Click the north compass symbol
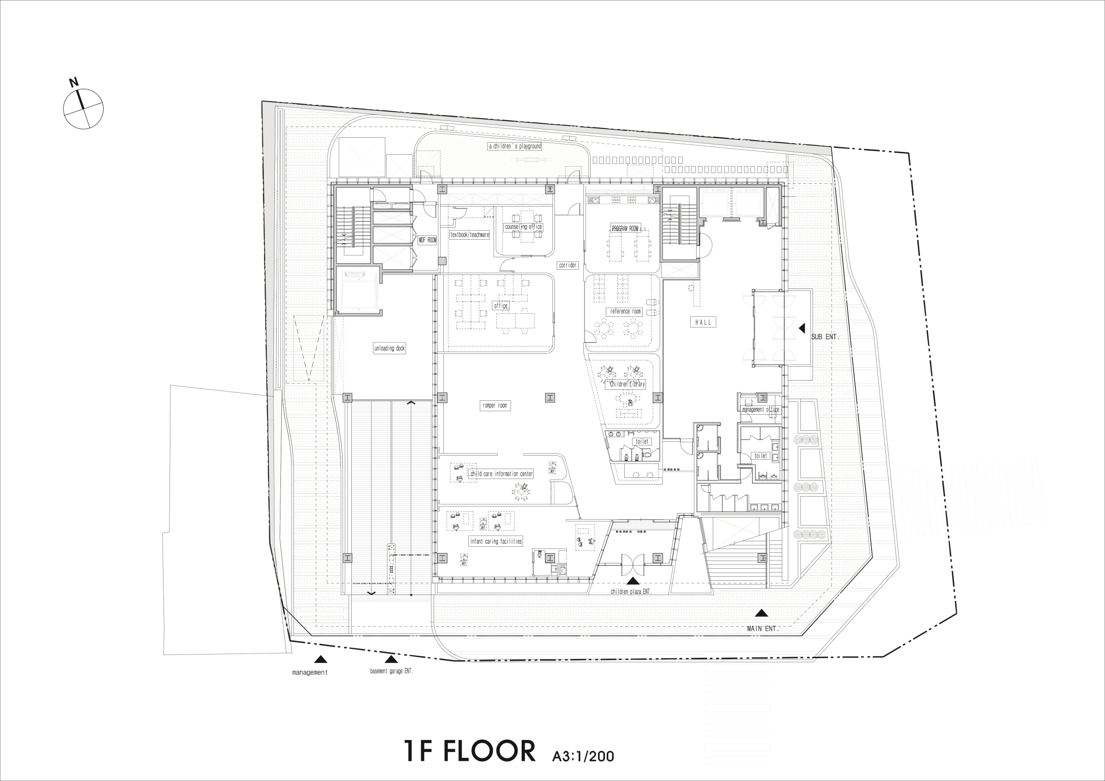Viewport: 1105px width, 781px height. click(83, 108)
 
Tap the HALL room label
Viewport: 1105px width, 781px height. click(703, 323)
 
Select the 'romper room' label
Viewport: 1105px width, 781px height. click(495, 405)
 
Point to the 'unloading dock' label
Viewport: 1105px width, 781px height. click(390, 348)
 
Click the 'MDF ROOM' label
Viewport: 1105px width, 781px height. click(427, 240)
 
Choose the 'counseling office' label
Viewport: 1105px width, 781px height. click(523, 226)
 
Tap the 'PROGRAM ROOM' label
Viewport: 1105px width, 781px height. click(625, 229)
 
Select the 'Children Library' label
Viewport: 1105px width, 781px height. click(627, 384)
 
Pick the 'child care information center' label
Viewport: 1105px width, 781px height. click(501, 474)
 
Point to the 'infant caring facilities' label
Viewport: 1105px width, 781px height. click(496, 541)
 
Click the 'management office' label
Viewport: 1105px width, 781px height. click(761, 410)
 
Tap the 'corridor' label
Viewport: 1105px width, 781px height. click(567, 265)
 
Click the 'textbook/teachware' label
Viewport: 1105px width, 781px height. click(470, 235)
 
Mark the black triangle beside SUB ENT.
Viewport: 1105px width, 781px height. click(801, 328)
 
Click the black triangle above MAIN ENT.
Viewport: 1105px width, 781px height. click(761, 613)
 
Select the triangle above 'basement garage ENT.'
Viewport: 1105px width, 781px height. click(391, 659)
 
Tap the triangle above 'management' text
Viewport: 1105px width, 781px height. click(320, 659)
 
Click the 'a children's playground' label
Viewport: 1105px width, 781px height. click(515, 146)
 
